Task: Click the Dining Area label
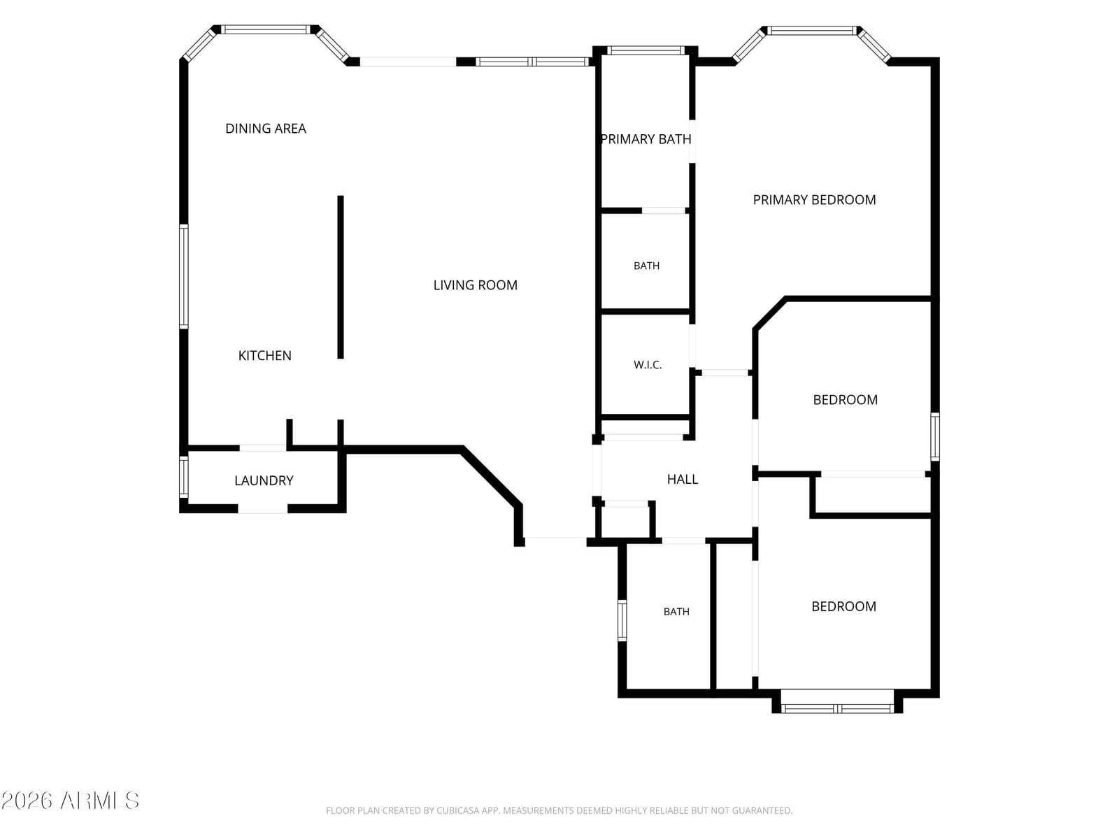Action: (266, 129)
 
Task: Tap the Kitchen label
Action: (264, 356)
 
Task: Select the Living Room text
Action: (475, 285)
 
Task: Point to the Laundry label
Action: (264, 480)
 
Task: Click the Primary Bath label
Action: (646, 139)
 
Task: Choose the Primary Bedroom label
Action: (814, 200)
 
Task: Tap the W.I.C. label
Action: (648, 365)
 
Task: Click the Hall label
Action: (683, 480)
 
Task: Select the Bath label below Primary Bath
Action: (646, 266)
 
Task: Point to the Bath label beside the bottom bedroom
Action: (676, 612)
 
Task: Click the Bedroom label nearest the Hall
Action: (846, 400)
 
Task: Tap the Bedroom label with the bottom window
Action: (843, 607)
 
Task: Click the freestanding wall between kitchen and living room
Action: (341, 277)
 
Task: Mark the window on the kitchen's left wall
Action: (183, 277)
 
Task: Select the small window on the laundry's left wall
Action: (183, 476)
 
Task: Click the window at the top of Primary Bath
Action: (646, 50)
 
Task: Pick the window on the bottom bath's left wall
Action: (622, 620)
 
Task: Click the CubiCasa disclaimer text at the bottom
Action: (559, 810)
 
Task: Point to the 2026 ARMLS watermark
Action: (70, 801)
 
